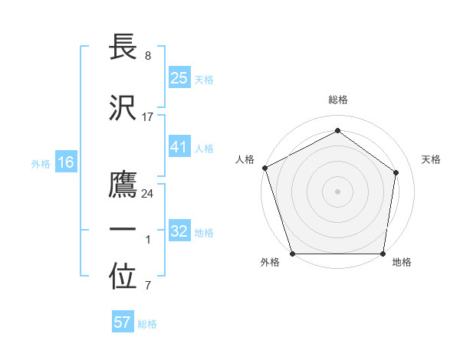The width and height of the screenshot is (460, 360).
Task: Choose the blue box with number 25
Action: click(179, 78)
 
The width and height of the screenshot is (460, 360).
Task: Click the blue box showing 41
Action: click(179, 147)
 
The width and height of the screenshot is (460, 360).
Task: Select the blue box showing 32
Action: click(179, 231)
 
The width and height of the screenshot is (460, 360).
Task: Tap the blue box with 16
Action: click(66, 162)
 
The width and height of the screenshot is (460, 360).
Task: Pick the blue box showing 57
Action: click(123, 322)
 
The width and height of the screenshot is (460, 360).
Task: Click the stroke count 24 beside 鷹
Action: click(148, 194)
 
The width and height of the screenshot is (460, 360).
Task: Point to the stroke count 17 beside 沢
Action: click(148, 117)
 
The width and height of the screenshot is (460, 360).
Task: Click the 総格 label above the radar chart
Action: click(338, 100)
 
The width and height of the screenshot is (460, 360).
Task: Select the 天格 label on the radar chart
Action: click(432, 159)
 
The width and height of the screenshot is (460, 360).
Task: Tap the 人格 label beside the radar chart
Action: click(245, 159)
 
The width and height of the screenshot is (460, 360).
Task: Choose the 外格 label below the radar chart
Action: click(270, 263)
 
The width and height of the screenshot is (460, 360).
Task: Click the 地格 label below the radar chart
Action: click(402, 263)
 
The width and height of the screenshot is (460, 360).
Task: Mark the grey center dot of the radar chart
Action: click(337, 191)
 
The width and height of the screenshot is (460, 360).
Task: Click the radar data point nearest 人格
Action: click(264, 168)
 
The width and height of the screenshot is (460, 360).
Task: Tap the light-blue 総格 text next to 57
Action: click(147, 324)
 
